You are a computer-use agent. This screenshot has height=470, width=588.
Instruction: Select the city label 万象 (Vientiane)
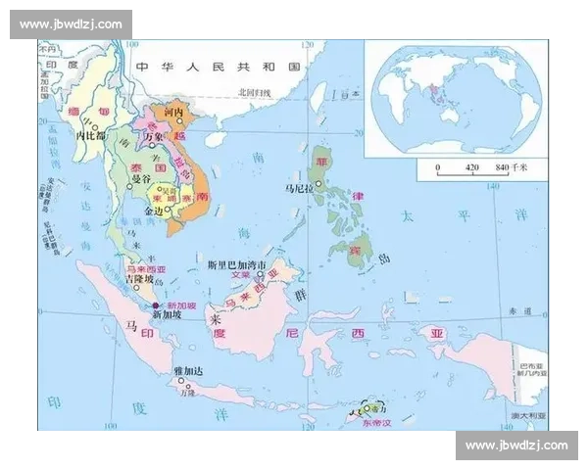pyautogui.click(x=153, y=139)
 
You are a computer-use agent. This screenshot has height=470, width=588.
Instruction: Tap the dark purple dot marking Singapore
pyautogui.click(x=155, y=305)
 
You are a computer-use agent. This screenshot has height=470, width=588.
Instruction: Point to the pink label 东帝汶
pyautogui.click(x=374, y=423)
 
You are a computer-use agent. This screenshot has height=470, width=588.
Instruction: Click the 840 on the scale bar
pyautogui.click(x=503, y=167)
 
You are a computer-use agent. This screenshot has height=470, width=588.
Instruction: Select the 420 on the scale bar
pyautogui.click(x=471, y=167)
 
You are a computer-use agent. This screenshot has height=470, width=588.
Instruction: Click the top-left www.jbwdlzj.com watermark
pyautogui.click(x=70, y=23)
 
